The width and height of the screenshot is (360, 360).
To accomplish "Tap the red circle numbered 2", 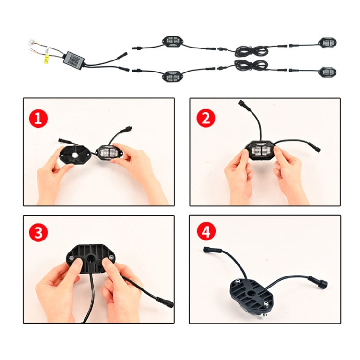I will [x=205, y=117].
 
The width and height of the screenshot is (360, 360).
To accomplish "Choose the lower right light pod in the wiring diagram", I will [x=328, y=72].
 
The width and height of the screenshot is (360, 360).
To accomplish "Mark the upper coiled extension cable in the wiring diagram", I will [x=250, y=49].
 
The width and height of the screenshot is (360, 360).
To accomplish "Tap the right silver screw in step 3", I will [x=111, y=258].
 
